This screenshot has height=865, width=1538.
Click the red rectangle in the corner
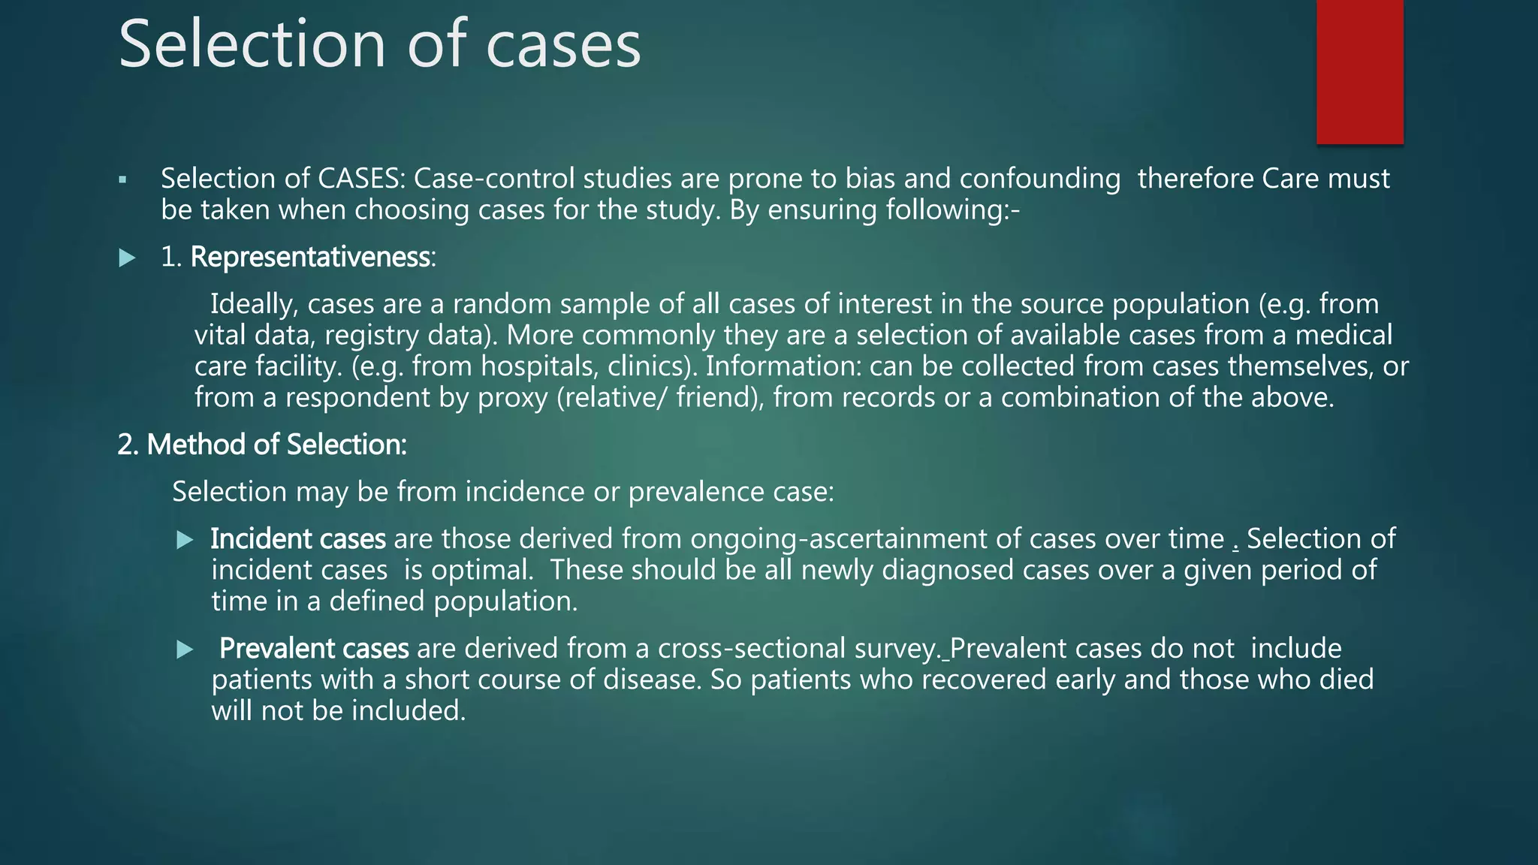click(x=1359, y=71)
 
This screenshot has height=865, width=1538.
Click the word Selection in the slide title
click(x=252, y=45)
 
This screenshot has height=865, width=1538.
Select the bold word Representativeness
click(x=310, y=258)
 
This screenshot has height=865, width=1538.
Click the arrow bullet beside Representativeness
click(x=127, y=259)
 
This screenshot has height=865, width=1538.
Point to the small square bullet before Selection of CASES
click(x=122, y=180)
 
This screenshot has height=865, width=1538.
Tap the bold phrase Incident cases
click(x=297, y=539)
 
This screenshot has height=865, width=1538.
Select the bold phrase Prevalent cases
click(x=313, y=649)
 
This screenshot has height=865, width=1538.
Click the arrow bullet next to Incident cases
click(x=185, y=541)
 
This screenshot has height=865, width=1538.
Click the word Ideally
click(x=255, y=304)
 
